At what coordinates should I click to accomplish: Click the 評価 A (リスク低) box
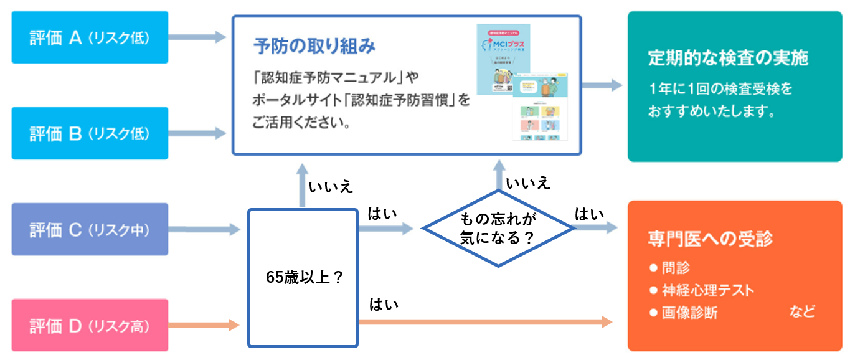(x=90, y=37)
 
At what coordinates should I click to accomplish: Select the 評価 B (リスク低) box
(x=90, y=133)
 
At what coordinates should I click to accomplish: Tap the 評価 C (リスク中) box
(x=90, y=229)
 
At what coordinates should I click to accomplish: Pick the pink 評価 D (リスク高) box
(x=90, y=325)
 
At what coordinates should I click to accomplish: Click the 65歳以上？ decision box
(x=303, y=278)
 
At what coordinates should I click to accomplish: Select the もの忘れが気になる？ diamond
(x=498, y=228)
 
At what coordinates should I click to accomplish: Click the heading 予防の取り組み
(x=315, y=46)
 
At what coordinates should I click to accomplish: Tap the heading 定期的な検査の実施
(x=728, y=58)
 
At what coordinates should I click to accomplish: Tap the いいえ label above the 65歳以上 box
(x=331, y=186)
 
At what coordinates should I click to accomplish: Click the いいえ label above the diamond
(x=528, y=183)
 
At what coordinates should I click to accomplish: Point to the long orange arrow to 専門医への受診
(x=486, y=321)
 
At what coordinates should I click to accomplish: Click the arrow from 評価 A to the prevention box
(x=197, y=37)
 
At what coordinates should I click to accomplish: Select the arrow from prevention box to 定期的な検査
(x=602, y=86)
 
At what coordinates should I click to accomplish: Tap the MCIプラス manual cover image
(x=503, y=59)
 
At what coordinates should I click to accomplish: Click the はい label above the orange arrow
(x=384, y=305)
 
